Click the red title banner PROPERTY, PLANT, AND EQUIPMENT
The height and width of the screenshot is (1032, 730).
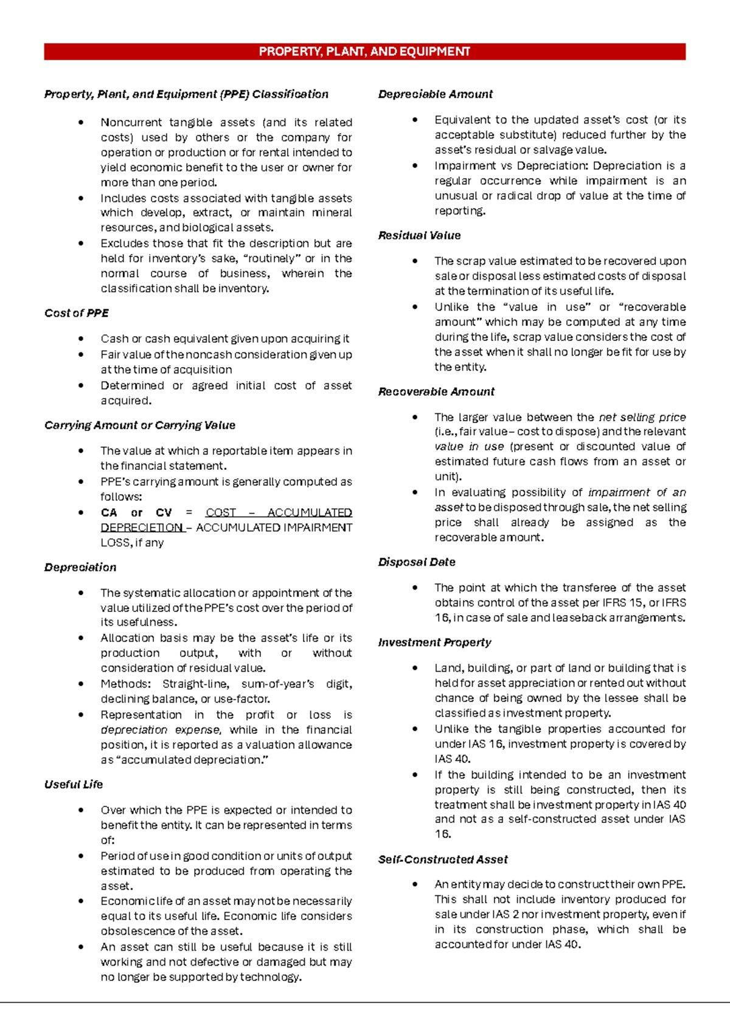coord(364,52)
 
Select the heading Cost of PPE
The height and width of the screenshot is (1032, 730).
coord(77,313)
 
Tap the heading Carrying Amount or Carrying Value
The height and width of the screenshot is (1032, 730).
coord(140,425)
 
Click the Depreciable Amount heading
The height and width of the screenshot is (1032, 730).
coord(435,94)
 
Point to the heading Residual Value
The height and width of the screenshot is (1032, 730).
coord(419,235)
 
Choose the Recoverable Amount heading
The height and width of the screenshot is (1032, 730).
coord(436,392)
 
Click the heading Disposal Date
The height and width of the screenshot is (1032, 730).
coord(417,562)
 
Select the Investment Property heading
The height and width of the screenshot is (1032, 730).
coord(434,642)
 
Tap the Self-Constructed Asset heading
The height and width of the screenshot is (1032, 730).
coord(443,859)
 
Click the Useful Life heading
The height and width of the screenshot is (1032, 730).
coord(74,785)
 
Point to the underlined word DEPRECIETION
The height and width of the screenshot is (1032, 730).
coord(142,528)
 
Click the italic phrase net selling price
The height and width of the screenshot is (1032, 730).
coord(642,417)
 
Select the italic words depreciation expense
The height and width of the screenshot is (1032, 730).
coord(161,730)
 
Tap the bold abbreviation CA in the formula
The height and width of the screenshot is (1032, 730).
coord(109,512)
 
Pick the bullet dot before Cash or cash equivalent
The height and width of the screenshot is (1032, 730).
coord(81,339)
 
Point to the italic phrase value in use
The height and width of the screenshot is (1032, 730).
coord(469,447)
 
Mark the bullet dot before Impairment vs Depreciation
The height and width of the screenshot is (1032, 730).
coord(415,165)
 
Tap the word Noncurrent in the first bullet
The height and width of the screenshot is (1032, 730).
coord(130,122)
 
